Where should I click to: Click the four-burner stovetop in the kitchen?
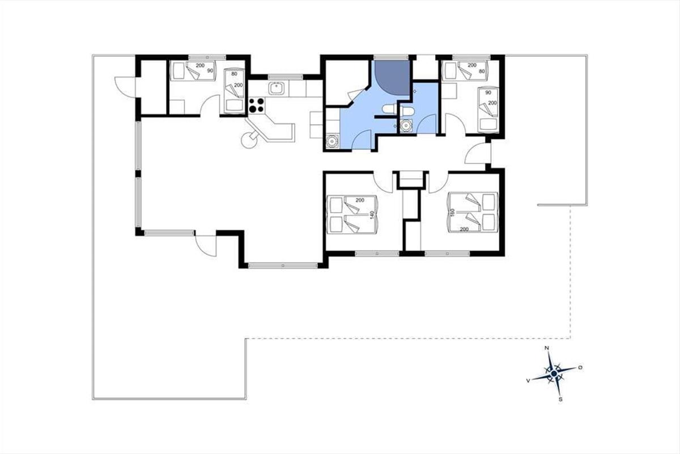pos(257,106)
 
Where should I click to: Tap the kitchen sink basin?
pos(277,88)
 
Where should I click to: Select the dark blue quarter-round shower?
pos(392,78)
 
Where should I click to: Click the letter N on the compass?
pos(547,348)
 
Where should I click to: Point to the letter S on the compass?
pos(560,400)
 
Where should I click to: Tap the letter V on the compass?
pos(528,380)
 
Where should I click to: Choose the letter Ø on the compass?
pos(580,368)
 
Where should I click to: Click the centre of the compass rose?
pos(554,374)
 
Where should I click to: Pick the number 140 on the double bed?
pos(372,215)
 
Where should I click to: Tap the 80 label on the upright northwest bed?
pos(234,74)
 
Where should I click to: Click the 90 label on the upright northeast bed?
pos(488,93)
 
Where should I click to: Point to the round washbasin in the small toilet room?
pos(406,125)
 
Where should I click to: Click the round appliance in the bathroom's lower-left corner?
pos(332,141)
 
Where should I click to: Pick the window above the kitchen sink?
pos(286,77)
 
